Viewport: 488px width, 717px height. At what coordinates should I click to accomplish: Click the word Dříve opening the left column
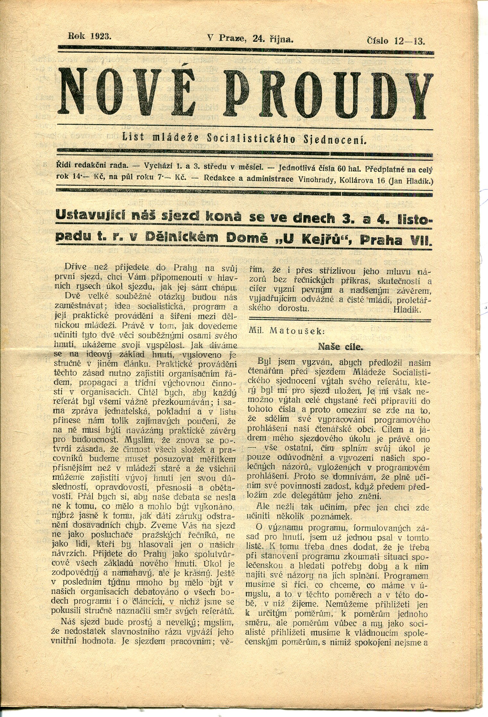pyautogui.click(x=75, y=266)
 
